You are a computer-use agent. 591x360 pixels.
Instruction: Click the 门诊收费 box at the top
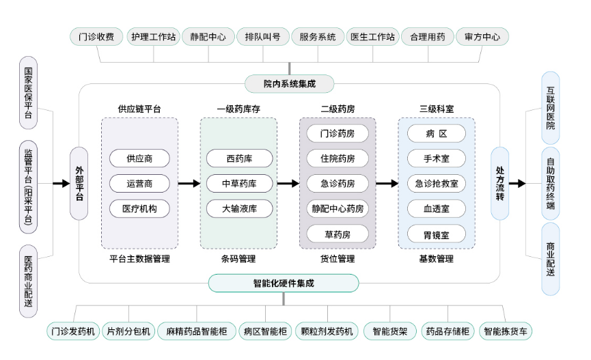tap(96, 37)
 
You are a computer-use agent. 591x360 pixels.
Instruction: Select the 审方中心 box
tap(482, 37)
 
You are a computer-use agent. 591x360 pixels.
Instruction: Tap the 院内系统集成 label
tap(290, 84)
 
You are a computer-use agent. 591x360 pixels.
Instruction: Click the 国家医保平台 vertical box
tap(28, 93)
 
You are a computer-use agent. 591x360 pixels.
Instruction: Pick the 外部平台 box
tap(79, 183)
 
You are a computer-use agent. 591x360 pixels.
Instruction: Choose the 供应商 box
tap(139, 158)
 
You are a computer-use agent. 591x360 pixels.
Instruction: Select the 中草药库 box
tap(239, 184)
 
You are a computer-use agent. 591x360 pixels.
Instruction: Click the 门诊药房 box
tap(338, 133)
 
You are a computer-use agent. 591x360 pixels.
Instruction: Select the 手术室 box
tap(436, 158)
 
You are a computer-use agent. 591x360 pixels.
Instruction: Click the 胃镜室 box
tap(436, 234)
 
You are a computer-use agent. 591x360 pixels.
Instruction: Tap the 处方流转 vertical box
tap(500, 183)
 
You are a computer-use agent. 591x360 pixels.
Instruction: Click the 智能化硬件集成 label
tap(284, 283)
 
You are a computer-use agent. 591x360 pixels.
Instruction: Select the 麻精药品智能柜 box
tap(196, 332)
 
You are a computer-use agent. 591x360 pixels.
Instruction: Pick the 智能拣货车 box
tap(506, 332)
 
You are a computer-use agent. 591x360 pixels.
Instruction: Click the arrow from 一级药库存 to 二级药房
tap(288, 184)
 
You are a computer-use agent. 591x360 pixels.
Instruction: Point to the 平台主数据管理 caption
tap(139, 259)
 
